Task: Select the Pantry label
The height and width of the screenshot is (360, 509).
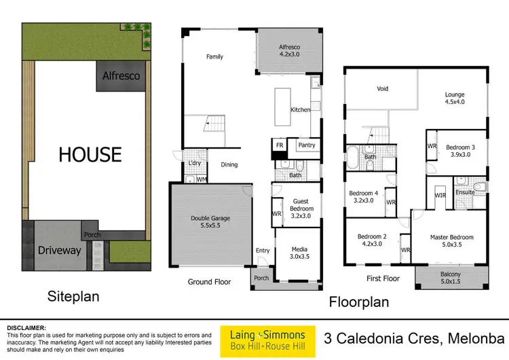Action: [x=306, y=145]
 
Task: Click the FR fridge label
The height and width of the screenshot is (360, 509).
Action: [x=279, y=145]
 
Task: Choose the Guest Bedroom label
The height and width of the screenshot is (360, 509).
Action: [x=301, y=206]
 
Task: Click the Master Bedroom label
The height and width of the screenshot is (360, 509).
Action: [x=451, y=241]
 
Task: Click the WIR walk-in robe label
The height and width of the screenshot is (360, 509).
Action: [x=440, y=195]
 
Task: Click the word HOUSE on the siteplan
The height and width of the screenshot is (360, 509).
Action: [x=90, y=154]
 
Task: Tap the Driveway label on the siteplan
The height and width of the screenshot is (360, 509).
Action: [x=59, y=250]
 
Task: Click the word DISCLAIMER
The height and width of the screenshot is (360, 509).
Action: [x=26, y=327]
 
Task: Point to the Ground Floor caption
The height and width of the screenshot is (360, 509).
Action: [x=209, y=281]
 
